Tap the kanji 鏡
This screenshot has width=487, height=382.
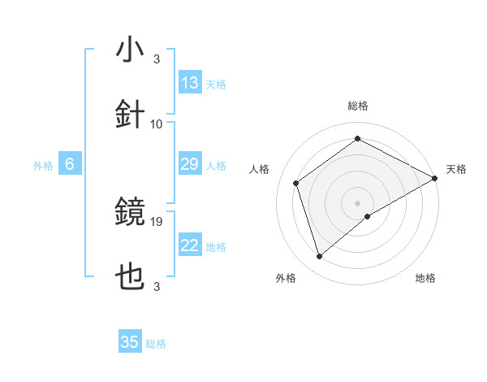point(131,212)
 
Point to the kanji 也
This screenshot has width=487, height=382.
point(131,277)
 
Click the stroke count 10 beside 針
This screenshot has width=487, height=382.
point(157,124)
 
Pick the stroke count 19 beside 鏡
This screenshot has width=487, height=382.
point(158,221)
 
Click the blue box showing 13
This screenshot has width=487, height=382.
point(190,83)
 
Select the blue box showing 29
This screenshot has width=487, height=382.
point(190,164)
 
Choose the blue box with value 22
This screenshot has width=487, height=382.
point(190,245)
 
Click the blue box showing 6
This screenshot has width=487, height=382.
point(70,164)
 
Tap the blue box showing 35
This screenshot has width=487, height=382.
point(130,342)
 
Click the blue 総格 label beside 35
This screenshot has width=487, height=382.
point(157,344)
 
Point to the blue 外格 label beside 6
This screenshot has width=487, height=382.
point(43,166)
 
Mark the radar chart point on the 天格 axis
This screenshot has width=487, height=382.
point(435,177)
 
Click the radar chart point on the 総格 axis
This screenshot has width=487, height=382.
point(358,139)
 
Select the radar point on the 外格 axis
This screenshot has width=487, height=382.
point(320,256)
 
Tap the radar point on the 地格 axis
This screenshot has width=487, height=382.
point(368,216)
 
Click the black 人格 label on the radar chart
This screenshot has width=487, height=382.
point(260,169)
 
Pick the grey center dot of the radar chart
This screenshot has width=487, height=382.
point(358,202)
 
